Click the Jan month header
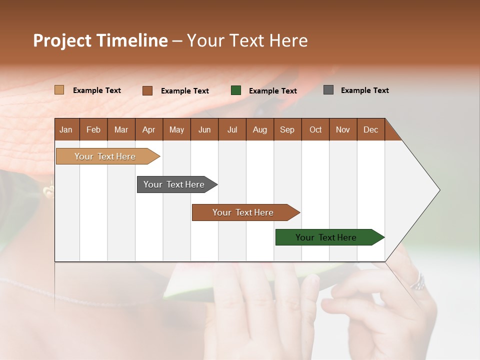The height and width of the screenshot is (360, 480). pos(66,129)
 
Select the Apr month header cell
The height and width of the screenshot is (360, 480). pos(148,129)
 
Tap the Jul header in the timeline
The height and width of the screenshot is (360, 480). pos(232,129)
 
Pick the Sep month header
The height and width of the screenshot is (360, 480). pos(287,129)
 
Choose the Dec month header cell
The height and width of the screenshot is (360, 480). pos(370,129)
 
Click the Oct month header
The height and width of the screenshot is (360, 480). pos(315,129)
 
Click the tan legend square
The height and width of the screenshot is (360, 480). pos(59,90)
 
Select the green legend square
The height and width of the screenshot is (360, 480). pos(236,90)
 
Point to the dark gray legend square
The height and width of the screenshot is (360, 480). pos(328,90)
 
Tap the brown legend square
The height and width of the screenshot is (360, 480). pos(147,90)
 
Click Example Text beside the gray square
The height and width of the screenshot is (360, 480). pos(364,90)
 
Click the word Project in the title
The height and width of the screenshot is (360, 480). pos(62,40)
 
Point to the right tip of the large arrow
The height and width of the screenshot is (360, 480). pos(438,190)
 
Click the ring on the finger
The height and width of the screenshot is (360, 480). pos(417,282)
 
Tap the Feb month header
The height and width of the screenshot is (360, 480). pos(93,129)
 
